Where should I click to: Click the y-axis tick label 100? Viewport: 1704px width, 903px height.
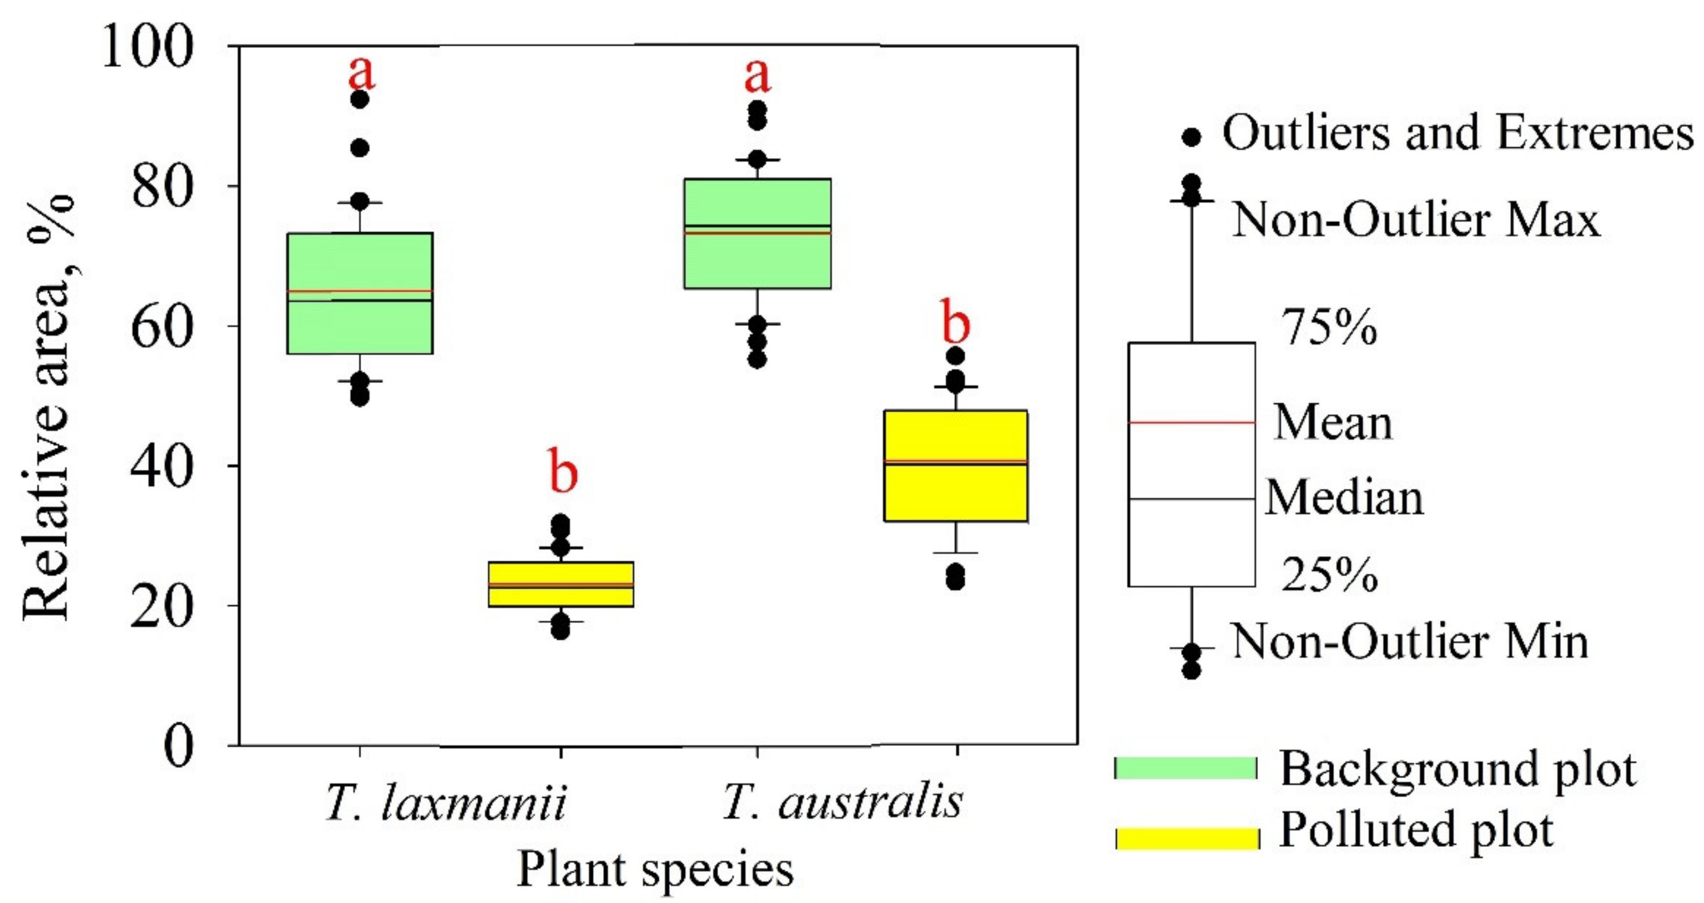[147, 48]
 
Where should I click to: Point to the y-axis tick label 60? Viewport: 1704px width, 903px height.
[162, 327]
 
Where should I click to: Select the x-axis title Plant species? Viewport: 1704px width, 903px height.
[654, 868]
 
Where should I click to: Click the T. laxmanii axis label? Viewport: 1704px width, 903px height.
[446, 803]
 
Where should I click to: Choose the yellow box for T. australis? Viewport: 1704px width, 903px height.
[956, 489]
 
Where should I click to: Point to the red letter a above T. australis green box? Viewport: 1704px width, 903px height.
[758, 76]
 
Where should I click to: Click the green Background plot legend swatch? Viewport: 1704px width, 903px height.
[1185, 768]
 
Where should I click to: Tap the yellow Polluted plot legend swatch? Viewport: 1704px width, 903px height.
[1187, 838]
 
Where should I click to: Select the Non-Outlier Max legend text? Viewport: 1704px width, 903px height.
[1415, 220]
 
